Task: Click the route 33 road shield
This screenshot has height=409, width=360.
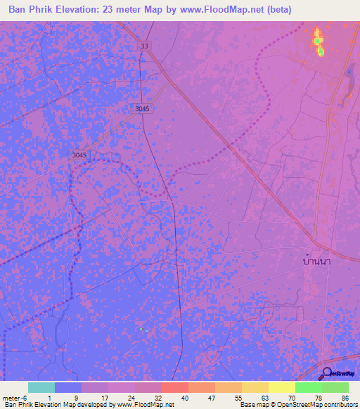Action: coord(144,46)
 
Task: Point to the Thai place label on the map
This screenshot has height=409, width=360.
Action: coord(316,261)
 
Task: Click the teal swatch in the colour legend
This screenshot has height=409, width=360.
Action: coord(41,387)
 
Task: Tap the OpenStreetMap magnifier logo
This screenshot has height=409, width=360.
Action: coord(326,373)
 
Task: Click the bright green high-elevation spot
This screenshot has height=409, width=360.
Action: coord(320,51)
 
